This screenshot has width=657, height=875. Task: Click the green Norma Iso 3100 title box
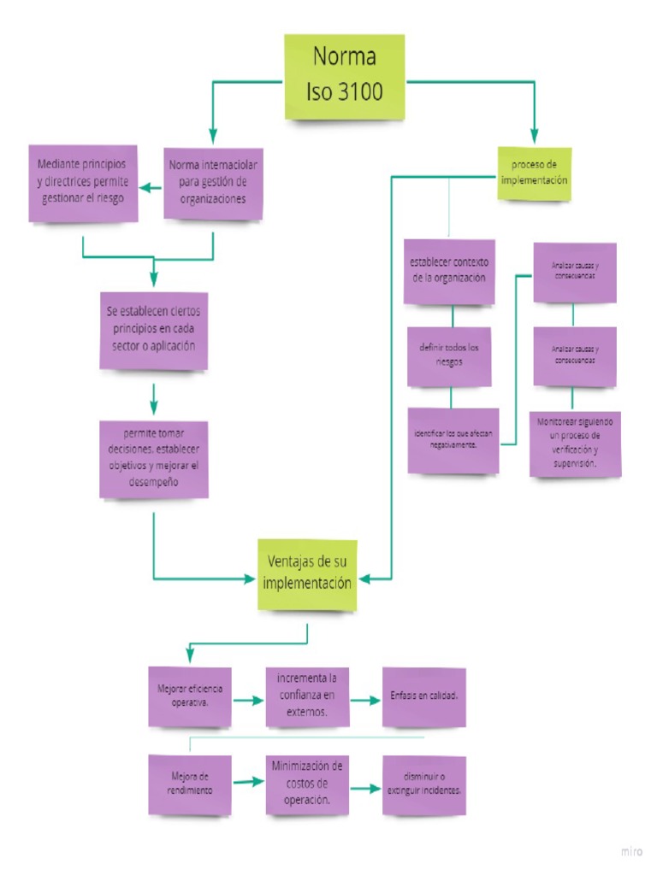(344, 77)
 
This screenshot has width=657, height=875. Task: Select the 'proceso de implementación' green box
(535, 173)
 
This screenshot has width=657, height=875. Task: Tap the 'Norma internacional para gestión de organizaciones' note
(213, 181)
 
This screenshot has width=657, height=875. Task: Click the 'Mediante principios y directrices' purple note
(82, 183)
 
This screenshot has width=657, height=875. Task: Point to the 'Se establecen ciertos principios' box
(154, 329)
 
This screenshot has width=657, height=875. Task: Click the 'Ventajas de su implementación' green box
(308, 573)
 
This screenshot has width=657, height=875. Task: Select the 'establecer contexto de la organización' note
(449, 271)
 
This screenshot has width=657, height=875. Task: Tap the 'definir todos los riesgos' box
(449, 356)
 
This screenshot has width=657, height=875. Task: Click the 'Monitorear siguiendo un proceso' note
(575, 443)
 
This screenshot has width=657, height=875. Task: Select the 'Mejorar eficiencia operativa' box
(189, 696)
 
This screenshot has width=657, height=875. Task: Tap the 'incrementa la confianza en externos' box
(307, 696)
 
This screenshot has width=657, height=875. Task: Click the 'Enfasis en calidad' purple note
(423, 696)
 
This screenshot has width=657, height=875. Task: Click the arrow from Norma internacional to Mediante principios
(151, 188)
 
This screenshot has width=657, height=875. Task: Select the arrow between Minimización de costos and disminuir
(365, 787)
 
